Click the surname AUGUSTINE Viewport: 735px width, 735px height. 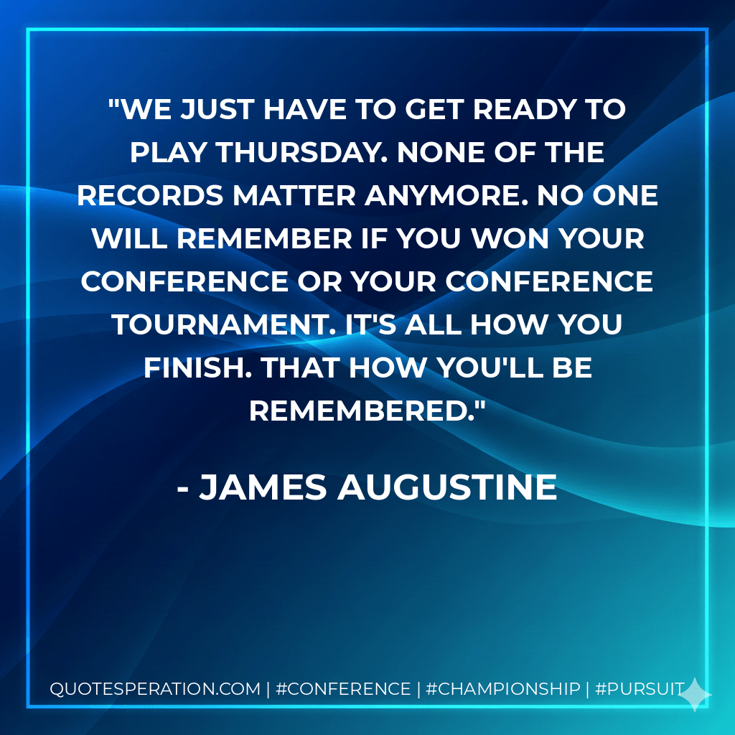pos(446,487)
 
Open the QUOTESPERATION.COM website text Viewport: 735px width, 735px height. pos(155,689)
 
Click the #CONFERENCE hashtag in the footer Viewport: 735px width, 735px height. pos(342,689)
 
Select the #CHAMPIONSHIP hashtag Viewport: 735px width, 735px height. pos(502,689)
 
